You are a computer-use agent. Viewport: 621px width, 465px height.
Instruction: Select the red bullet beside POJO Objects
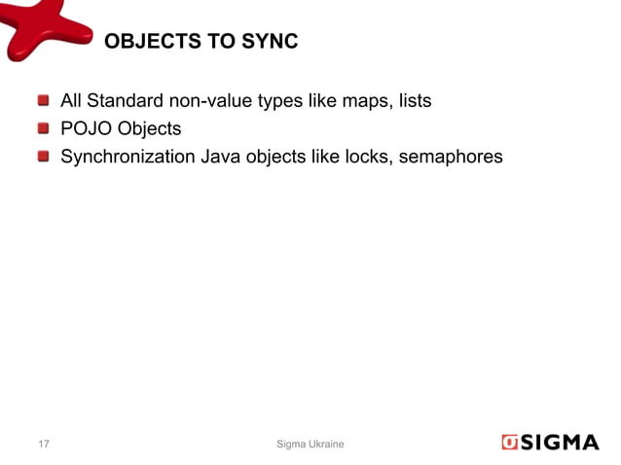pyautogui.click(x=44, y=127)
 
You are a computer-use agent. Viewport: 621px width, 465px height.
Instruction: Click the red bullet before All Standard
pyautogui.click(x=44, y=100)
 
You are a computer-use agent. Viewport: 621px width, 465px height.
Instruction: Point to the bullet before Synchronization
pyautogui.click(x=44, y=155)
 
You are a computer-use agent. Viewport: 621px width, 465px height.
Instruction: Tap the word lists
pyautogui.click(x=413, y=100)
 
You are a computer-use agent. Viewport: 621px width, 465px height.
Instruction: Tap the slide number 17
pyautogui.click(x=44, y=445)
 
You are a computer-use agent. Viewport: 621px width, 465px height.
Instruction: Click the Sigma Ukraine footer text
pyautogui.click(x=310, y=445)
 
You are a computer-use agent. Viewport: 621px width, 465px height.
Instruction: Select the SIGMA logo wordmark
pyautogui.click(x=562, y=443)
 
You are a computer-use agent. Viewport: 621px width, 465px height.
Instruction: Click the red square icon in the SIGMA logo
pyautogui.click(x=511, y=443)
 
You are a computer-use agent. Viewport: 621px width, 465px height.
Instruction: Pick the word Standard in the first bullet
pyautogui.click(x=123, y=100)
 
